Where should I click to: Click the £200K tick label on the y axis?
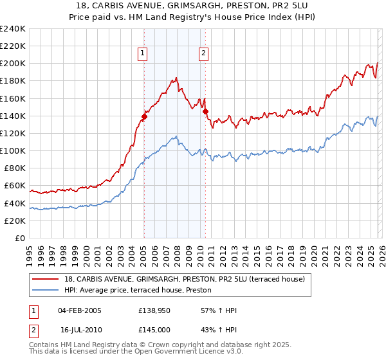13,64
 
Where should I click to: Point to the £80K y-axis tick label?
15,168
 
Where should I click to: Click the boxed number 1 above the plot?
142,54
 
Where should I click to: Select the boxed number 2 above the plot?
203,54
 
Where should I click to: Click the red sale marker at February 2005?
144,116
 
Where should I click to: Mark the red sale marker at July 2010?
206,111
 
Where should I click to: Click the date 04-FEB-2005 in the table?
80,310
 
